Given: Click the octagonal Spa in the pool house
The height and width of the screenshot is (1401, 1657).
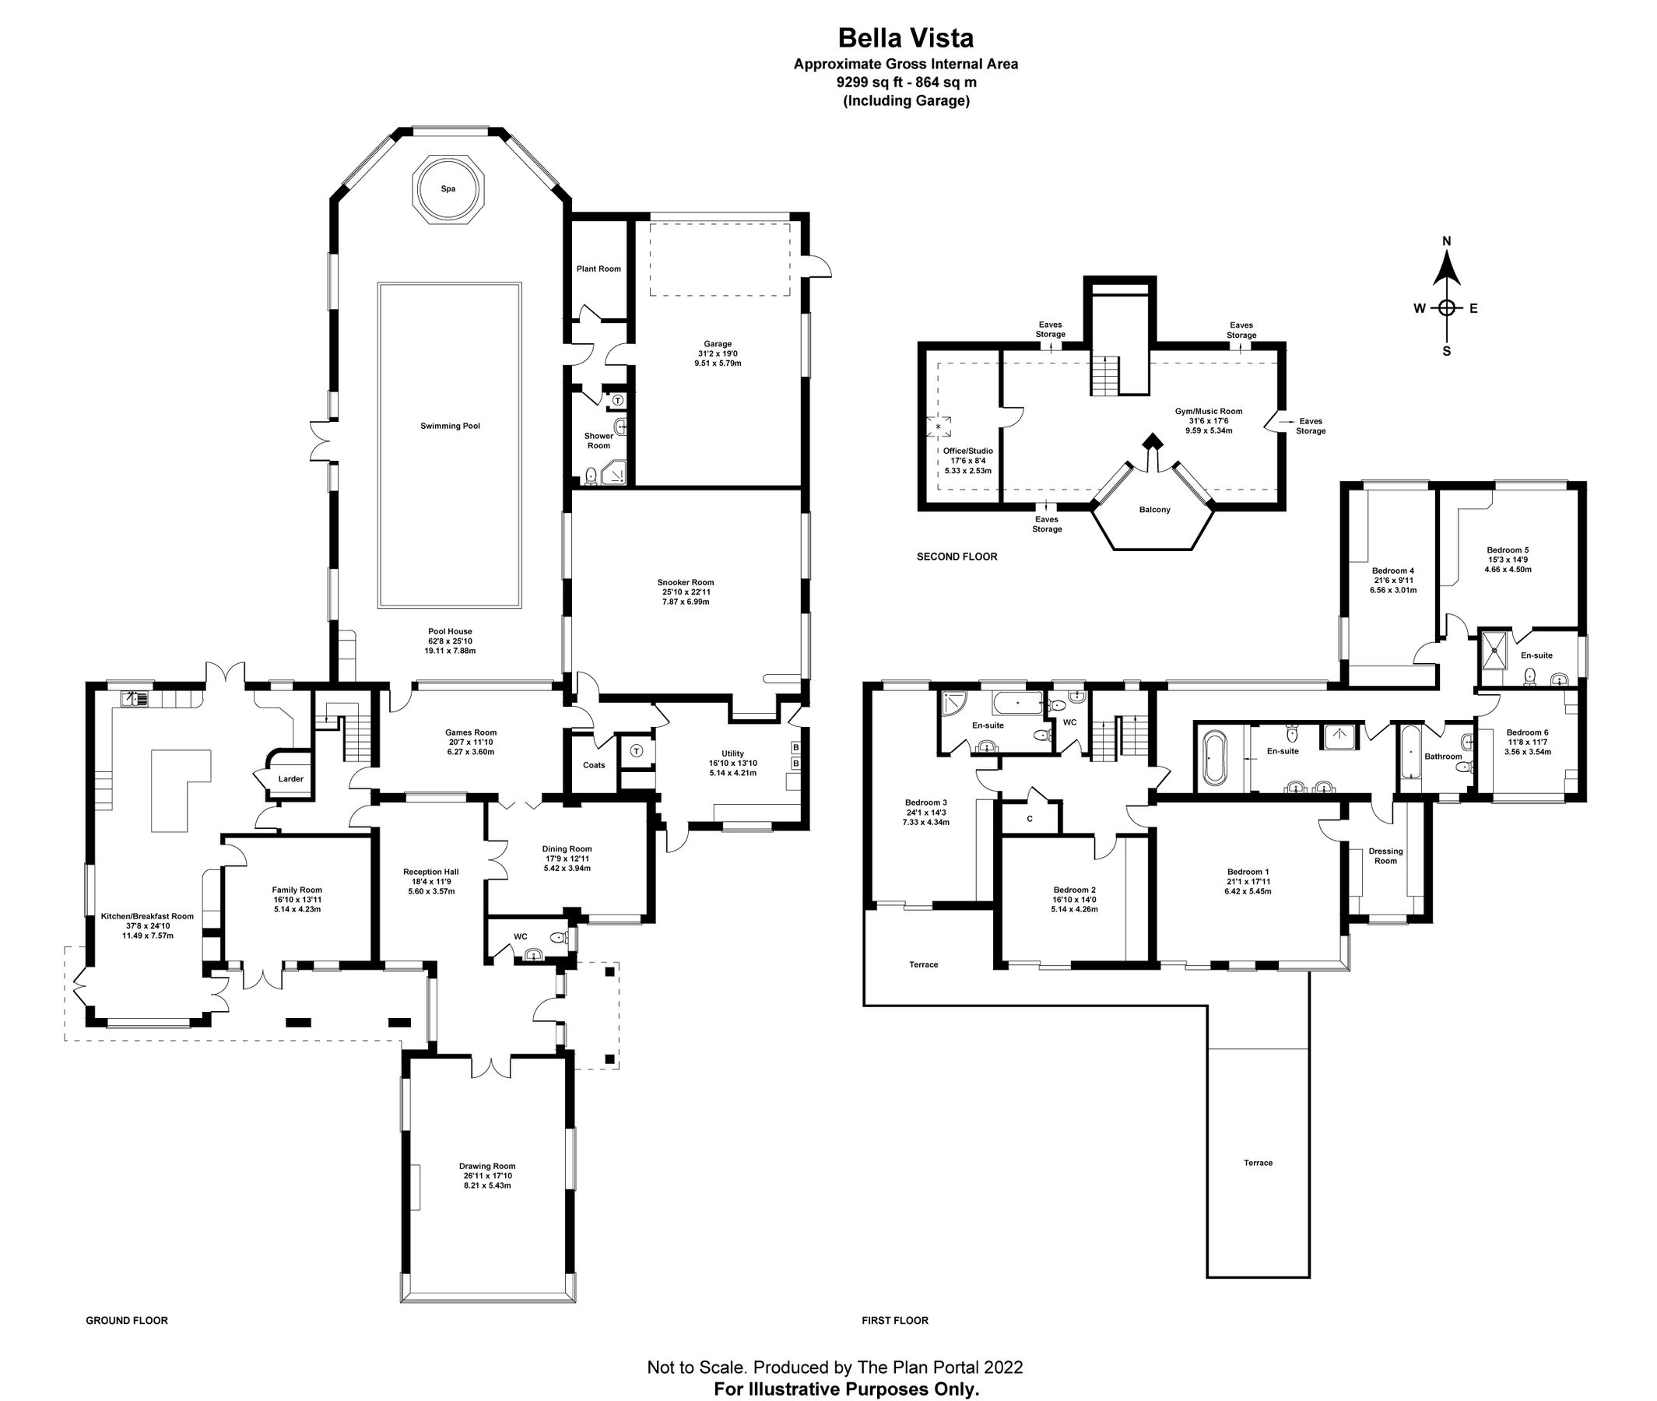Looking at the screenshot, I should point(448,190).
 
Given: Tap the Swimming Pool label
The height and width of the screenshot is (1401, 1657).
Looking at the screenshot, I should point(450,427).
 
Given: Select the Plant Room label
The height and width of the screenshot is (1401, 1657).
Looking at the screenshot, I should point(599,269).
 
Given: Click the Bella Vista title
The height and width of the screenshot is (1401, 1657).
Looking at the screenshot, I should point(906,38).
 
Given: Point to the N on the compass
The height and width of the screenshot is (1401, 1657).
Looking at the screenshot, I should point(1446,241).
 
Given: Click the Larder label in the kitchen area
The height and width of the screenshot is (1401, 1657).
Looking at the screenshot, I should point(290,779).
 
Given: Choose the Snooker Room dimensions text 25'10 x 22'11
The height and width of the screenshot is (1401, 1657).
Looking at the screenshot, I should point(685,592).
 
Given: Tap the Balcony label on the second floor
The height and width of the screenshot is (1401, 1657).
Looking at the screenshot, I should point(1154,510).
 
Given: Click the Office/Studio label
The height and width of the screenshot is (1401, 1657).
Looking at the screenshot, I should point(968,451).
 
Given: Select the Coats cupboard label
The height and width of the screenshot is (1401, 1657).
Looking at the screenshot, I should point(594,766).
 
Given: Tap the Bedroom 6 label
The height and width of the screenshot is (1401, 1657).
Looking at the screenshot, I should point(1527,733).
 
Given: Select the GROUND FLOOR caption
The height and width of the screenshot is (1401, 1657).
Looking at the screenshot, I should point(127,1321).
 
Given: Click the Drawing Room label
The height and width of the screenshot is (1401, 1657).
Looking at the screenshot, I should point(486,1167).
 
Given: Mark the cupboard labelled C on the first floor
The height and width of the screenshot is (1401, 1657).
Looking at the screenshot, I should point(1030,819).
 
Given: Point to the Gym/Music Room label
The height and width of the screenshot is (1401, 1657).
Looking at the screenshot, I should point(1209,412).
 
